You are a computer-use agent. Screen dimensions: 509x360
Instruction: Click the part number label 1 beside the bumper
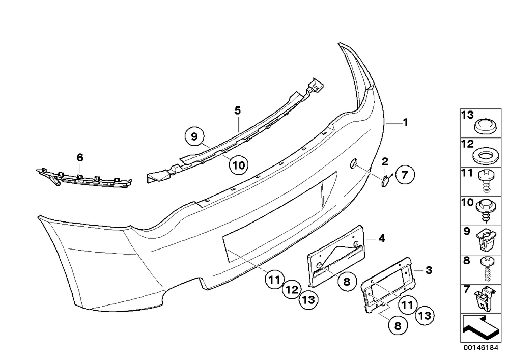coord(405,122)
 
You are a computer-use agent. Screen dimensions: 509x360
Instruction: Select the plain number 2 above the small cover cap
coord(385,161)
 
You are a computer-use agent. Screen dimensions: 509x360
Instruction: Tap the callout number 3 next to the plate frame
coord(429,270)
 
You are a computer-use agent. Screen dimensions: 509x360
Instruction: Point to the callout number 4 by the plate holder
coord(382,239)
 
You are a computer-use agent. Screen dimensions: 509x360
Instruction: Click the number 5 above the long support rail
coord(238,110)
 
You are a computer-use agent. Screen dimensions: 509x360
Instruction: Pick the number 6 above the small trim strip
coord(80,158)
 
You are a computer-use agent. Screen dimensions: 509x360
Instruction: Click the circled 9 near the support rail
coord(194,136)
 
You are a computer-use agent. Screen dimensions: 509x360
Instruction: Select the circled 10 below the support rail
coord(239,165)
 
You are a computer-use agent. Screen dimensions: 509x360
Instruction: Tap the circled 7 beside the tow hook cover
coord(405,175)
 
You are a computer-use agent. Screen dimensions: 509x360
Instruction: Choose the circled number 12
coord(291,290)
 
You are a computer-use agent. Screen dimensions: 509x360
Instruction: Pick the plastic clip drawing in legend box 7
coord(485,298)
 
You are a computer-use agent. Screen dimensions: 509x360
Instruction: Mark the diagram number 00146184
coord(480,347)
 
